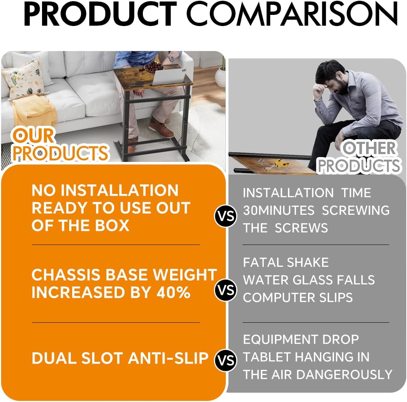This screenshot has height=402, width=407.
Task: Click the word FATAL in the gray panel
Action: pos(263,262)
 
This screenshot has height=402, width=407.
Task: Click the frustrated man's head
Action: pos(331,80)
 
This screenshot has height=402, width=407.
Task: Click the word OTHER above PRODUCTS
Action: pos(369,149)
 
